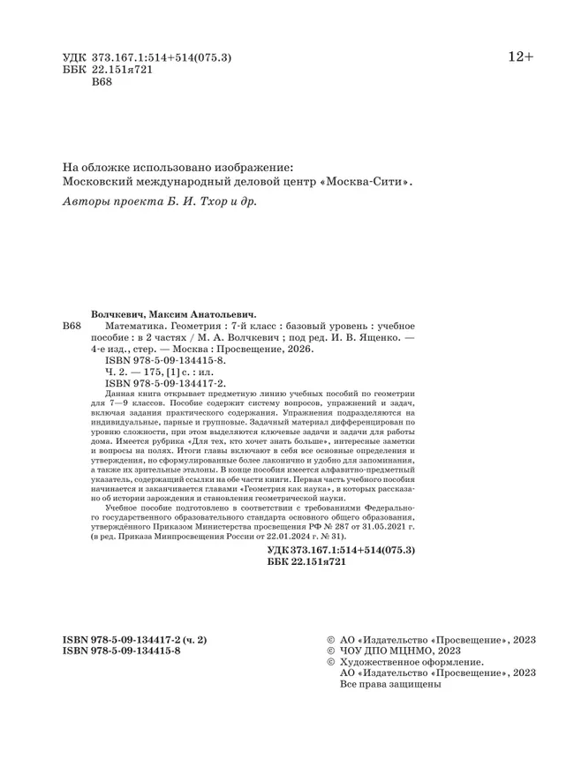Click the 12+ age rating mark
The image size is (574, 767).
coord(519,57)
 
